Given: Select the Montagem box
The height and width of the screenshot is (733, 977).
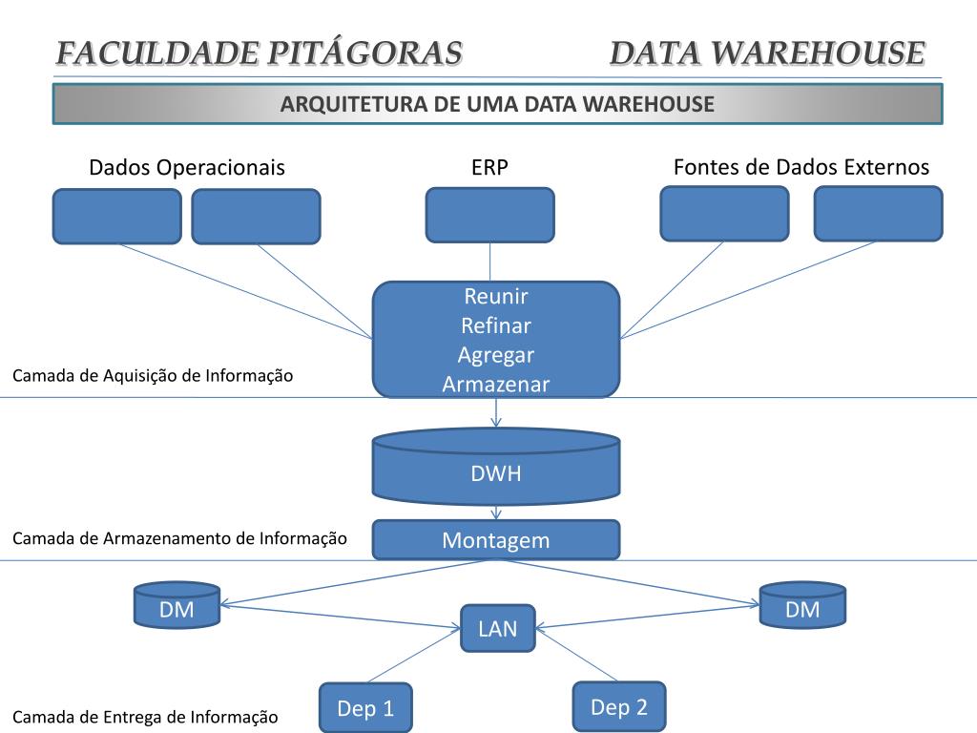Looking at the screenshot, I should (496, 540).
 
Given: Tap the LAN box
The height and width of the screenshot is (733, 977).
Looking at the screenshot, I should (497, 628).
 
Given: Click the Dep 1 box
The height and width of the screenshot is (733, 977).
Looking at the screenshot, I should (365, 708).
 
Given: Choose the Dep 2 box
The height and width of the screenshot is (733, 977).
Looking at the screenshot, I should (619, 707).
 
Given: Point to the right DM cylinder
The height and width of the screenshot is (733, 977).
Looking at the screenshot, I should (802, 609).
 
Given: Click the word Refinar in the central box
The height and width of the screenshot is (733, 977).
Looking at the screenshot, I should (496, 325).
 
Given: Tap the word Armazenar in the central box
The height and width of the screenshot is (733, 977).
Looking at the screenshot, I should (496, 384).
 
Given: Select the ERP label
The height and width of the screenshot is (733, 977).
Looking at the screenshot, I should (489, 168).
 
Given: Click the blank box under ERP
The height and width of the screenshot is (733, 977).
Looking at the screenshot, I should (489, 215).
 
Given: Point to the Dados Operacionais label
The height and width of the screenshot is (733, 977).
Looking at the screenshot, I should (187, 168).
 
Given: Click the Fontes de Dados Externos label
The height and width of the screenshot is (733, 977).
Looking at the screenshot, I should (801, 167).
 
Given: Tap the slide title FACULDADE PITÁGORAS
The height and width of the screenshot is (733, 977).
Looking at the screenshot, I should (259, 53).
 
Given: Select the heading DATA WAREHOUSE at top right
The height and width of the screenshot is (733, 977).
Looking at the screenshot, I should (767, 53).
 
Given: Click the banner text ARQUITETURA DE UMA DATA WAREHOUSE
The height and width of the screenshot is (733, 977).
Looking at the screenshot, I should (497, 104).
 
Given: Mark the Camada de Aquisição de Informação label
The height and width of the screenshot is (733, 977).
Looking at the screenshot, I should (153, 376).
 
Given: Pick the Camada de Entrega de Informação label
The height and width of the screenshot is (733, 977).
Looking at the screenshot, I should (145, 717).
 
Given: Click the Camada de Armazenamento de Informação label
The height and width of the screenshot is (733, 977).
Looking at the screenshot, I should (179, 538).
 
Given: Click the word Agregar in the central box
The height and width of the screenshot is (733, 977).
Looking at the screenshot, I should (496, 355).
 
